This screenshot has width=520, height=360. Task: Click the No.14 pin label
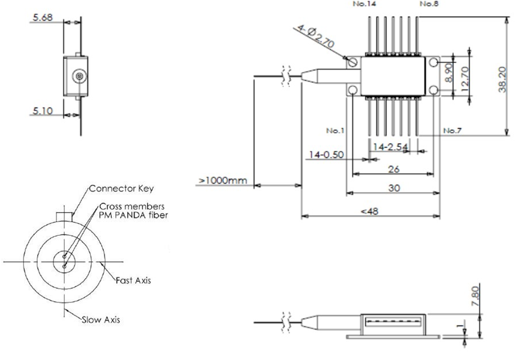click(x=361, y=4)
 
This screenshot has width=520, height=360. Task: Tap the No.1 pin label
click(x=335, y=130)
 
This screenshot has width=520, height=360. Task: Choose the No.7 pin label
click(x=451, y=130)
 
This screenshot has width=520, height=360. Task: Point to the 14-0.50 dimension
click(x=327, y=155)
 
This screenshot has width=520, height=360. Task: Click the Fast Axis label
click(x=135, y=280)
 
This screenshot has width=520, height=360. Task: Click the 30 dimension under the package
click(x=394, y=188)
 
